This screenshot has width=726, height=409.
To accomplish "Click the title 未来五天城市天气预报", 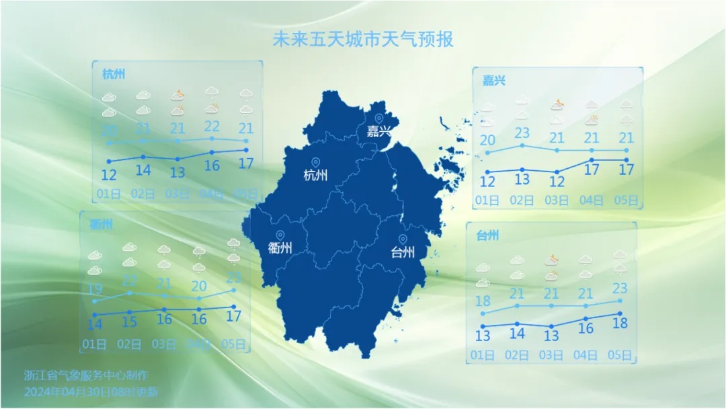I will coord(363,39).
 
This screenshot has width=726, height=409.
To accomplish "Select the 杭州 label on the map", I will coord(315,176).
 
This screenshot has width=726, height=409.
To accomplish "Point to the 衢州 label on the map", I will coord(280,248).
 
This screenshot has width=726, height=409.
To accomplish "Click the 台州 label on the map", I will coord(403,253).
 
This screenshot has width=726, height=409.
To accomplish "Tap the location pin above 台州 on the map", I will coord(403,239).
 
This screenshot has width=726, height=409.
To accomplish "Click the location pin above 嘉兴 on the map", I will coord(378,118).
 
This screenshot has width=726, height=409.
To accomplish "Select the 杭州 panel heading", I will coord(114,74).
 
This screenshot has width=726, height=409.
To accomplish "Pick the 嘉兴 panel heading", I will coord(493,81).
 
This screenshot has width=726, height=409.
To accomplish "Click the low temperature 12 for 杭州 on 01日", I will coord(109,175).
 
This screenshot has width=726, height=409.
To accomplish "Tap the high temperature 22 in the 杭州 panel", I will coord(212,126).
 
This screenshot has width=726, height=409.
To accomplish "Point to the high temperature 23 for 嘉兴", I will coord(522,133).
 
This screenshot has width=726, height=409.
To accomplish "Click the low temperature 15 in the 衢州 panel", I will coord(130,322).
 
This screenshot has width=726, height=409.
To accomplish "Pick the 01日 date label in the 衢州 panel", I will coord(95,344).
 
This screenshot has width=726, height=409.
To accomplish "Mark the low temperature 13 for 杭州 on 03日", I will coord(177,172).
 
